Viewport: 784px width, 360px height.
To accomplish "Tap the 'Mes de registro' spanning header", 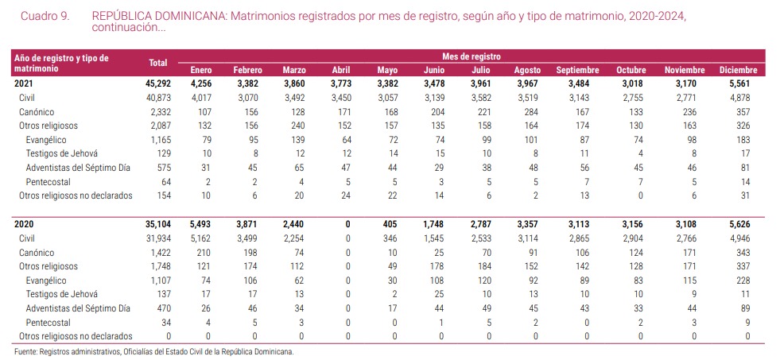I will [472, 56].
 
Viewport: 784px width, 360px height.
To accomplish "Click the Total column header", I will [157, 63].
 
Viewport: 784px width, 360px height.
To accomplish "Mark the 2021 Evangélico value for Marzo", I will [296, 139].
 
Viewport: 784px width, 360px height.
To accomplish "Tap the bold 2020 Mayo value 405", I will [387, 225].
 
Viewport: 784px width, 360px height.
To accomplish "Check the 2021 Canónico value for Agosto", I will [527, 111].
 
